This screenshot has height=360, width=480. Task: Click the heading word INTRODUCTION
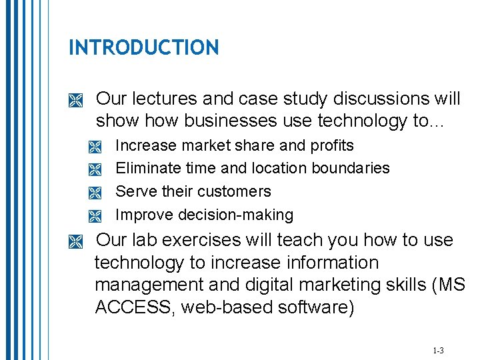(x=143, y=47)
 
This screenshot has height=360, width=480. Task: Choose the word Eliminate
(x=147, y=168)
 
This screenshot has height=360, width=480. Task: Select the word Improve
(x=142, y=215)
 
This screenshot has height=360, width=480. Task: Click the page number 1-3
(x=438, y=350)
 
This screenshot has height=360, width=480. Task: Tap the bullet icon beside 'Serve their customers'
(x=94, y=193)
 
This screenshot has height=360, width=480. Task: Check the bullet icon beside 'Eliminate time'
(x=94, y=170)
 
